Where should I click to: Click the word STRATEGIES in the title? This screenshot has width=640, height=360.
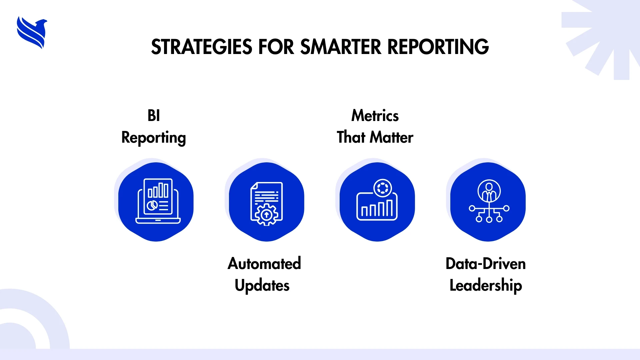[202, 47]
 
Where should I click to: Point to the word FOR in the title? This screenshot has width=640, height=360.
[276, 47]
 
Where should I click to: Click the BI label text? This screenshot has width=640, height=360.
[154, 116]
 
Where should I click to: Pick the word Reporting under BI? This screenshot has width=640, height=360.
[154, 138]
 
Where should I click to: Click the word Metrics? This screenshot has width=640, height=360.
[375, 116]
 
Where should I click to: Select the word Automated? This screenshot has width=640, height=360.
[264, 264]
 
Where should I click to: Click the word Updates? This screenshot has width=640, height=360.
[262, 286]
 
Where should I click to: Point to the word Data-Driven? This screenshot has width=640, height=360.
[486, 264]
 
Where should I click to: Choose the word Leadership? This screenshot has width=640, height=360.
[486, 286]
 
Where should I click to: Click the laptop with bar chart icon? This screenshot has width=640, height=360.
[158, 201]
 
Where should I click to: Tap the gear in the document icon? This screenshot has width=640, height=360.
[266, 215]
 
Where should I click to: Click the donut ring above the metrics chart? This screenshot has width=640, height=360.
[383, 188]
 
